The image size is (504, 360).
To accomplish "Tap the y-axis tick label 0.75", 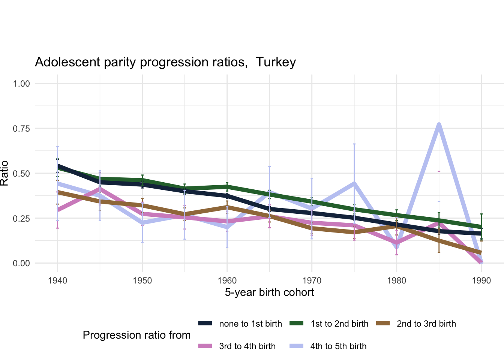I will coord(21,128).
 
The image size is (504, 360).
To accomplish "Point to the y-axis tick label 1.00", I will coord(21,83).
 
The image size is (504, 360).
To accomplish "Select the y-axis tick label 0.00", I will coord(21,263).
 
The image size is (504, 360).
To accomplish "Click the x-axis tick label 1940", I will coord(57,280).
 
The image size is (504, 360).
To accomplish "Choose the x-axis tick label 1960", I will coord(227,280).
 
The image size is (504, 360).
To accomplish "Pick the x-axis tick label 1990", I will coord(481,280).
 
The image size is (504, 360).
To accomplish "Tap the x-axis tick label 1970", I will coord(312,280).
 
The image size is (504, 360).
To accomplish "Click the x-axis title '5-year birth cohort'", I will coord(269,292).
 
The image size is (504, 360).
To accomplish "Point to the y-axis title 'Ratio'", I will coord(4,173).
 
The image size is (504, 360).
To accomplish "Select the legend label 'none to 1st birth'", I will coord(250,324).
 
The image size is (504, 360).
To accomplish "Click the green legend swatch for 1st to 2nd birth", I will coord(298,324).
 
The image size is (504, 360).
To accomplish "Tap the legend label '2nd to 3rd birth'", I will coord(426,324).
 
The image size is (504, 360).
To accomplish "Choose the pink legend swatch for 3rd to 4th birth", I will coord(205,346).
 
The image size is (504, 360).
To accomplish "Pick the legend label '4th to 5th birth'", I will coord(338,346).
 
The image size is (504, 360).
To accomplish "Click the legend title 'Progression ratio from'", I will coord(136,335).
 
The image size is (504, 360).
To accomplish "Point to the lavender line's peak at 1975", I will coord(354,183).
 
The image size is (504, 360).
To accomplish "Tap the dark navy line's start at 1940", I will coord(58,165).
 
